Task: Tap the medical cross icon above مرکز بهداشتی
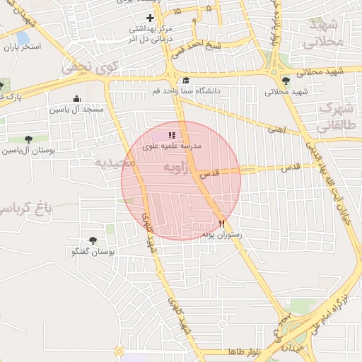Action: [150, 18]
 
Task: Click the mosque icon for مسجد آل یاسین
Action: [76, 99]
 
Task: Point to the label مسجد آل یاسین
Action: [76, 110]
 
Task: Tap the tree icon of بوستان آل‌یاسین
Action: [28, 139]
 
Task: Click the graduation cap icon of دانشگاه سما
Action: [186, 81]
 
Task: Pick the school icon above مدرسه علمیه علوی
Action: [172, 134]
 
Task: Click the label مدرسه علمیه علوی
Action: [172, 146]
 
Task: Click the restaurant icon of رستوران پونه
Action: [222, 223]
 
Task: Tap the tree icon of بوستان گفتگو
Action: [93, 241]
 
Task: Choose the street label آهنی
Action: [277, 129]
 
